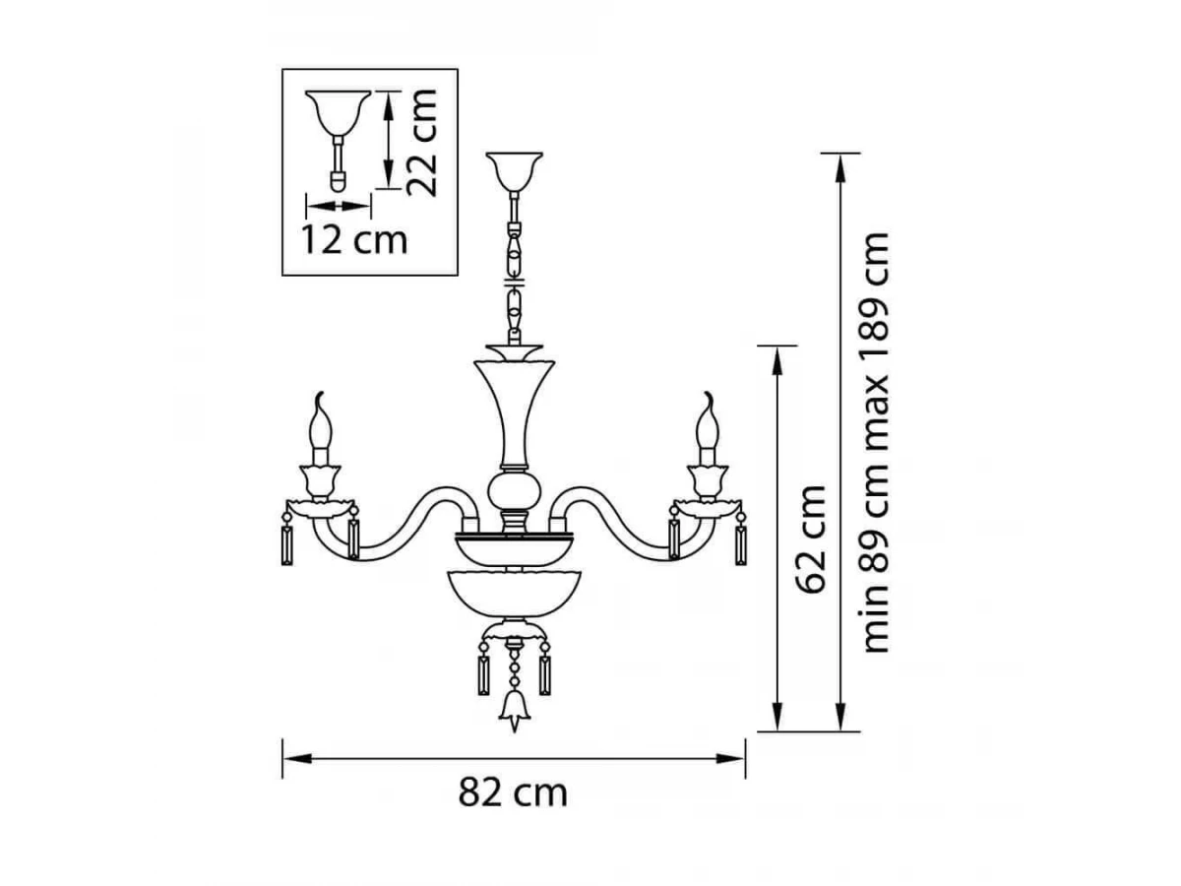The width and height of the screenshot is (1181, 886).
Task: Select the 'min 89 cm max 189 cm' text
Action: pyautogui.click(x=875, y=443)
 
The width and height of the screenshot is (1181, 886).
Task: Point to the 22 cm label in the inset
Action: pyautogui.click(x=420, y=143)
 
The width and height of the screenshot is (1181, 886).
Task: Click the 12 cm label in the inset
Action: pyautogui.click(x=354, y=240)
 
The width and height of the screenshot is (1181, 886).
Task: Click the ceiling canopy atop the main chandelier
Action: pyautogui.click(x=514, y=171)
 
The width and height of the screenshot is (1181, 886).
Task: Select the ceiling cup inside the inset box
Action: pyautogui.click(x=338, y=111)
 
